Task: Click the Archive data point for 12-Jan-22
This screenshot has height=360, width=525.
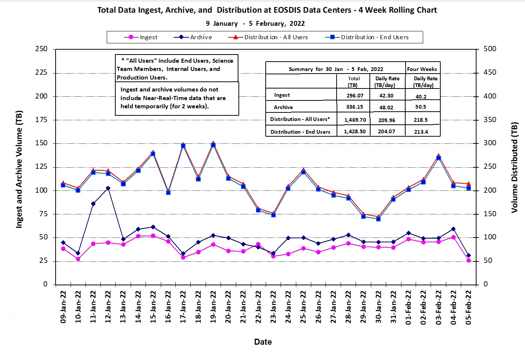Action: (x=108, y=188)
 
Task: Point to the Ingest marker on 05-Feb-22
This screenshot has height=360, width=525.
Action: (x=469, y=261)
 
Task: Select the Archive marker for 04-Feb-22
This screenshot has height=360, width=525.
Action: (x=453, y=229)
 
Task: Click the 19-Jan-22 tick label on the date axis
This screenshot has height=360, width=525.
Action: (x=213, y=307)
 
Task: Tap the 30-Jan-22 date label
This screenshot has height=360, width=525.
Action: (x=378, y=307)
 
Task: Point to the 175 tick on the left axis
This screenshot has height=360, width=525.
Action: (x=41, y=120)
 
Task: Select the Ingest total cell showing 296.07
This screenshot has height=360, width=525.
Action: (x=354, y=96)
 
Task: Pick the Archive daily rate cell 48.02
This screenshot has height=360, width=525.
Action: (x=387, y=107)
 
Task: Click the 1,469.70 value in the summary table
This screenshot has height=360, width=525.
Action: (x=355, y=120)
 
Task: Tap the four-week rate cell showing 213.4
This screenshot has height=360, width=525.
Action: (x=421, y=132)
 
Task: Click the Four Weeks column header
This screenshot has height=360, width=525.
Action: (x=422, y=69)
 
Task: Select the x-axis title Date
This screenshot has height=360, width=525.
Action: (x=263, y=342)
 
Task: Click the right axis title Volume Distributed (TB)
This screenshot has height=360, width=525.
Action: (x=515, y=167)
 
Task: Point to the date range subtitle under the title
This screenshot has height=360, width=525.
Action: (x=255, y=24)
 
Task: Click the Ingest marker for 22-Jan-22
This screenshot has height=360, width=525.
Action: (x=258, y=245)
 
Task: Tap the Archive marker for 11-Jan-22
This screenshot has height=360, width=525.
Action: (x=93, y=204)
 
